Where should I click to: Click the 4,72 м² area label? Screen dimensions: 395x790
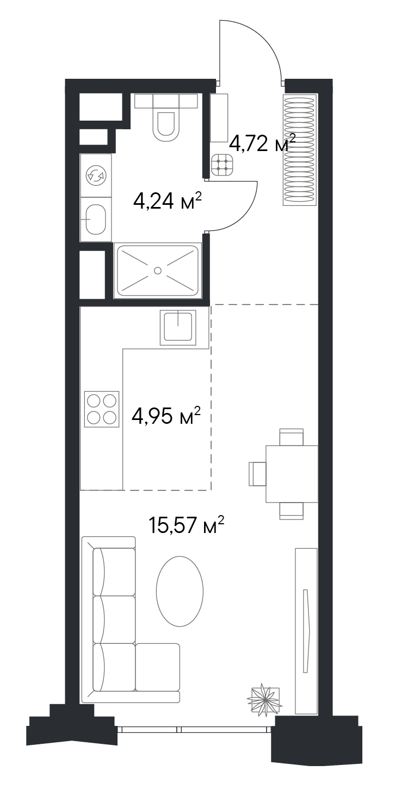click(262, 143)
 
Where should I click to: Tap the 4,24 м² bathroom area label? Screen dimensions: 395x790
click(168, 201)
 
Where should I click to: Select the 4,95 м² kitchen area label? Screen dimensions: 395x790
click(166, 416)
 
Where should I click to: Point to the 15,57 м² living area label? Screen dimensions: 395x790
click(187, 525)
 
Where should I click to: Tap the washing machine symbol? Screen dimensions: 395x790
click(96, 175)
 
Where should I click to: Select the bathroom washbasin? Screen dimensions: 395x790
click(96, 220)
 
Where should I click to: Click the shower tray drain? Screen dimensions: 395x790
click(158, 271)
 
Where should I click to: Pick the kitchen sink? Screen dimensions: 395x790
click(178, 328)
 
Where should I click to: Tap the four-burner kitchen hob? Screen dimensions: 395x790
click(102, 408)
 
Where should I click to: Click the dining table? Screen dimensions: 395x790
click(292, 474)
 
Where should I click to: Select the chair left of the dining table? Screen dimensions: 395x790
click(257, 474)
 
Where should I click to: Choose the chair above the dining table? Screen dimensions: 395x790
click(292, 437)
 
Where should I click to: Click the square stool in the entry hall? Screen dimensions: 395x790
click(223, 165)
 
